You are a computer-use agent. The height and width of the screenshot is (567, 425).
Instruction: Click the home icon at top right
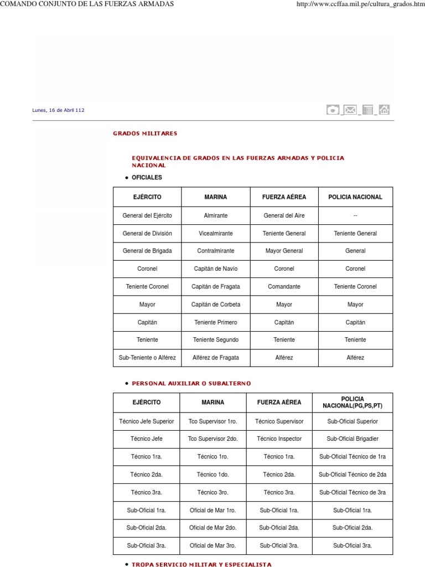[x=384, y=110]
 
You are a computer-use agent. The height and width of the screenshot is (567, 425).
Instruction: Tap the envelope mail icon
[x=350, y=110]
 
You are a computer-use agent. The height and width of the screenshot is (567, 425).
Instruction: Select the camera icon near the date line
[x=333, y=110]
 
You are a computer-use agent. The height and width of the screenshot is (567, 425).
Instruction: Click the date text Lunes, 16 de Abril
[x=58, y=110]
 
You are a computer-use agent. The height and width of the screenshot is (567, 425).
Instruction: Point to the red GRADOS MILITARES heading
[x=145, y=133]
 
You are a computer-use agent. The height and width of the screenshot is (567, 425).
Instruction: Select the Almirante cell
[x=215, y=215]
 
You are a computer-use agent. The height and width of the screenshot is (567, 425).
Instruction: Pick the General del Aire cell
[x=284, y=215]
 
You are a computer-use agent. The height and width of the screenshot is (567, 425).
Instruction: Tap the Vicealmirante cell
[x=215, y=233]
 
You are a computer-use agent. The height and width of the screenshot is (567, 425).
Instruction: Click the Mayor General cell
[x=284, y=251]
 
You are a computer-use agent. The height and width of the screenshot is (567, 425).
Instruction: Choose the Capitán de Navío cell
[x=215, y=269]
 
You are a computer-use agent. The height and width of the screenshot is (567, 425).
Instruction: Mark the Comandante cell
[x=284, y=286]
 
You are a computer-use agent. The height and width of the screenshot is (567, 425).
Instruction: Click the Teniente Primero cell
[x=215, y=322]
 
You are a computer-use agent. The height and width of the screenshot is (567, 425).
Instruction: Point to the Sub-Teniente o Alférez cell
[x=147, y=357]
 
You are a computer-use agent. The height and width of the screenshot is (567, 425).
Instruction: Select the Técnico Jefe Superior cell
[x=147, y=421]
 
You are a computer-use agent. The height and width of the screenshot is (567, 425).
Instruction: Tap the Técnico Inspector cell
[x=279, y=439]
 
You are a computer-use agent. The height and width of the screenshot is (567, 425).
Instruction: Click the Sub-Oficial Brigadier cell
[x=353, y=439]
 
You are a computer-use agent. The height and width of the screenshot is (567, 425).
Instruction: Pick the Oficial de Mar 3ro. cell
[x=212, y=545]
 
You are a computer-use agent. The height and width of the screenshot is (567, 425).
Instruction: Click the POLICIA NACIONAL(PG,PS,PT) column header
[x=353, y=403]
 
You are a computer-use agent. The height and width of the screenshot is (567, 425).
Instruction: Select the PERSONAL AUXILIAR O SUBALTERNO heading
[x=191, y=383]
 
